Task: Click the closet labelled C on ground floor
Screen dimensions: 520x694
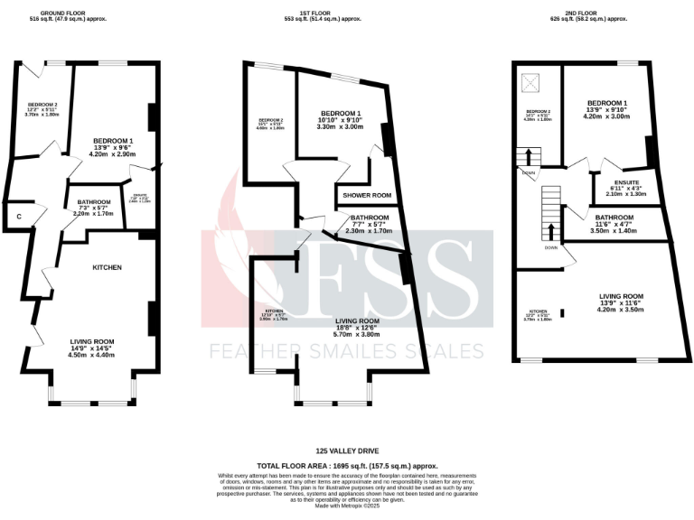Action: pos(18,217)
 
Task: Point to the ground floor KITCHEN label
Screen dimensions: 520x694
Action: pos(107,267)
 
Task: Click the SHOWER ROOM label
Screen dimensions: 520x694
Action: pos(365,195)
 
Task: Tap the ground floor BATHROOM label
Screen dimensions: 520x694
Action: pos(93,201)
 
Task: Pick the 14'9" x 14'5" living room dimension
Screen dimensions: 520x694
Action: pos(92,348)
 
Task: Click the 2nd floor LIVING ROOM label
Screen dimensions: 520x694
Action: pos(620,295)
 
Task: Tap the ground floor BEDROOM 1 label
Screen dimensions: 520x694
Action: pos(113,140)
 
